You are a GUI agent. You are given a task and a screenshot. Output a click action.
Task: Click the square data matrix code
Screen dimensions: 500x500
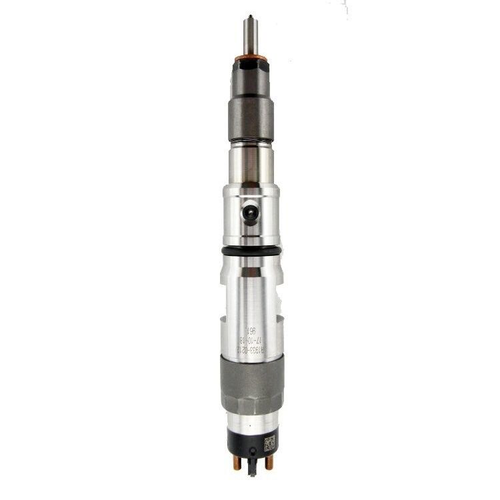(269, 443)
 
